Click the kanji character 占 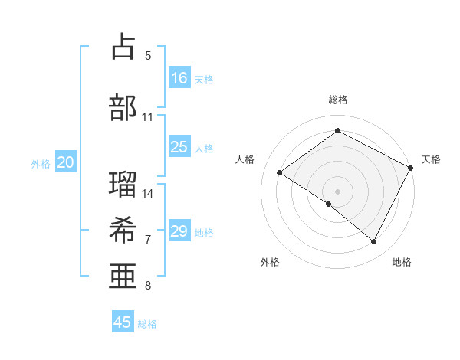coord(123,47)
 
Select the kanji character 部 coord(123,107)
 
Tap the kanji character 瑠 coord(123,184)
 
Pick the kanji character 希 coord(123,230)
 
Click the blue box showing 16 coord(179,78)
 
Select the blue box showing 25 coord(179,147)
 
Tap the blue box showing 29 coord(179,231)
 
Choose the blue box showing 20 coord(66,162)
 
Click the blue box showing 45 coord(123,322)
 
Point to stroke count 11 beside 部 coord(148,117)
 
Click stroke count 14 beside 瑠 coord(148,193)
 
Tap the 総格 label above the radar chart coord(337,100)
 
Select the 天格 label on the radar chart coord(431,159)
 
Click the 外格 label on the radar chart coord(270,262)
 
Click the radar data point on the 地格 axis coord(374,242)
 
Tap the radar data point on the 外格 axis coord(329,204)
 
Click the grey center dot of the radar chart coord(337,191)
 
